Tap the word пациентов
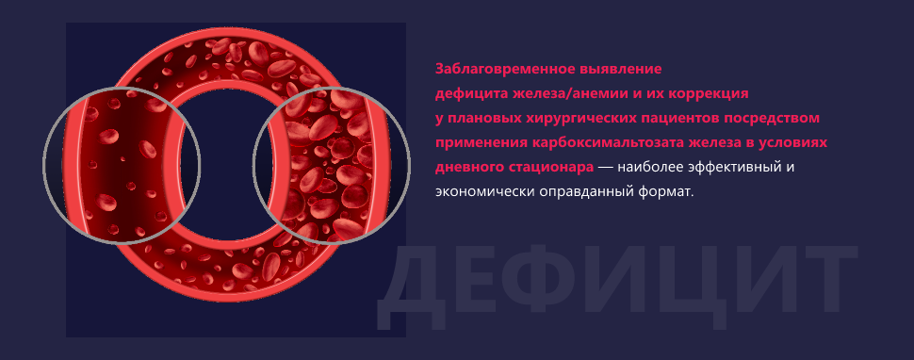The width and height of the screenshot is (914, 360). click(675, 119)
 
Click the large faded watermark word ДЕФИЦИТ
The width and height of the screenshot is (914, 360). click(616, 284)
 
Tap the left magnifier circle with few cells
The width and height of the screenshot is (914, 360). click(122, 165)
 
